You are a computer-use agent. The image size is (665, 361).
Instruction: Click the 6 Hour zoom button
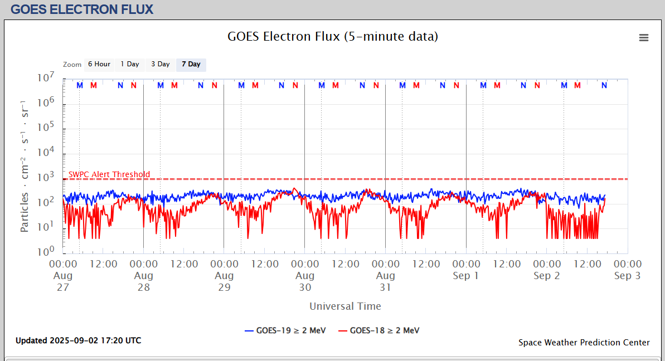[x=99, y=65]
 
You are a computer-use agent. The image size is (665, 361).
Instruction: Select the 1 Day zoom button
[x=130, y=65]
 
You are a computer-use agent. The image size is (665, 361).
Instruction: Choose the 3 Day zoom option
[x=161, y=65]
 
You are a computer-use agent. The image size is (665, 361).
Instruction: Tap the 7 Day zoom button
[x=191, y=65]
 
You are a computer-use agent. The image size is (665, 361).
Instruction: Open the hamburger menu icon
[x=644, y=38]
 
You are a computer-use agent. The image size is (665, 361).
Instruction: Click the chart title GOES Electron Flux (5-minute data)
[x=333, y=37]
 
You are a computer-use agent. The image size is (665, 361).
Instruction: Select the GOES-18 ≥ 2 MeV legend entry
[x=380, y=330]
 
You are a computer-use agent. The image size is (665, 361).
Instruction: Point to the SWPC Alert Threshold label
[x=109, y=174]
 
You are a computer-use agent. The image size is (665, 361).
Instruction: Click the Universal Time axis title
[x=345, y=306]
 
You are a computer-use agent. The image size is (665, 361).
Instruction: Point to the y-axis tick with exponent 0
[x=46, y=251]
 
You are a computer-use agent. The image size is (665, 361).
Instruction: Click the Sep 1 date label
[x=466, y=276]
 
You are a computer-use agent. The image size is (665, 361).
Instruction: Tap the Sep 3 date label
[x=628, y=276]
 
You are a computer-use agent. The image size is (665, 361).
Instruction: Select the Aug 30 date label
[x=305, y=281]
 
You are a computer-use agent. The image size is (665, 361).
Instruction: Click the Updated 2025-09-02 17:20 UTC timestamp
[x=78, y=340]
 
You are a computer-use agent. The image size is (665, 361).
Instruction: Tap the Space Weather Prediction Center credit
[x=584, y=343]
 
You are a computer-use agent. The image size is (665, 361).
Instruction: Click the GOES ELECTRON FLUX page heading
[x=82, y=9]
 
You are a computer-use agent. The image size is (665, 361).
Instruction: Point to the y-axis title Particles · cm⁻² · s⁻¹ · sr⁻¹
[x=25, y=165]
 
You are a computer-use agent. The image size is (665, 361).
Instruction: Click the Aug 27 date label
[x=63, y=281]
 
